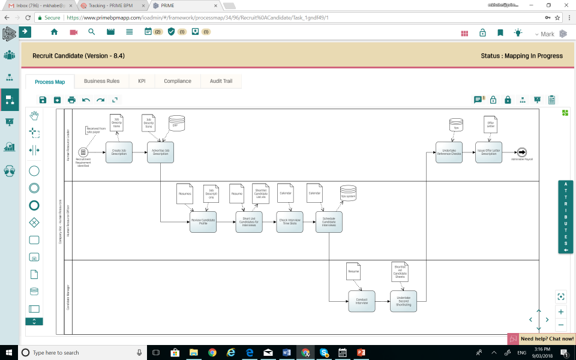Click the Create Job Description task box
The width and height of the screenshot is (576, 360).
(x=119, y=152)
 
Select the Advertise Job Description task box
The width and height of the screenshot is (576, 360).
(x=161, y=152)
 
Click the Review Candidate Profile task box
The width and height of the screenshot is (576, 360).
(x=203, y=222)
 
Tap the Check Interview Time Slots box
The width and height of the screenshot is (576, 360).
(x=290, y=222)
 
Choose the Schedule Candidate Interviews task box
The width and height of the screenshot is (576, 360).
(x=329, y=222)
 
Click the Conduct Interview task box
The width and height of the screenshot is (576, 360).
(x=362, y=301)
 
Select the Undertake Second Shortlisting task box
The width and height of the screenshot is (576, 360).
(x=403, y=301)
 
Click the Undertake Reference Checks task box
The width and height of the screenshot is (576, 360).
(x=449, y=152)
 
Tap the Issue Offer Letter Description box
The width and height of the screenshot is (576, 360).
(x=489, y=152)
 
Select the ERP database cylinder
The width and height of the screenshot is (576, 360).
(x=176, y=122)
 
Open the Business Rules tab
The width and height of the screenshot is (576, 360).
(x=101, y=81)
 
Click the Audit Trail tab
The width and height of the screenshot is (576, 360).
(x=221, y=81)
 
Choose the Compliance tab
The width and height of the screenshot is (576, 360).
(x=178, y=81)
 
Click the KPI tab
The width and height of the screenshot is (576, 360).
(x=142, y=81)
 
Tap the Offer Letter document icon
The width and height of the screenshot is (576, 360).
(x=490, y=125)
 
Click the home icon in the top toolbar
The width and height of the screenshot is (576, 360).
(x=55, y=32)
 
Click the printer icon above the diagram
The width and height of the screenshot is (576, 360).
(x=72, y=100)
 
